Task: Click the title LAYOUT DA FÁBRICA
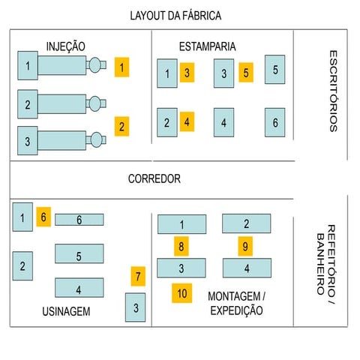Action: [x=175, y=16]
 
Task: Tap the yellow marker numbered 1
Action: [x=122, y=67]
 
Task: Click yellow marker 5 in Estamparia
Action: [x=247, y=72]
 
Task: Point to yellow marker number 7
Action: [x=137, y=277]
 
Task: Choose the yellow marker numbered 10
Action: [x=181, y=292]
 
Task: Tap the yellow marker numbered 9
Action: [x=245, y=245]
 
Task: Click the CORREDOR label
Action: [x=154, y=179]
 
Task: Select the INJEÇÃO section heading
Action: [x=66, y=46]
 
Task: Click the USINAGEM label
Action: [x=66, y=311]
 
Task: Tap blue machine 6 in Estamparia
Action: [x=274, y=122]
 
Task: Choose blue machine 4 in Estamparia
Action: [x=223, y=122]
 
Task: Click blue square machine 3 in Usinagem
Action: [x=135, y=307]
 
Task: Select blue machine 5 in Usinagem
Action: [x=79, y=255]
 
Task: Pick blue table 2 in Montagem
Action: [x=246, y=223]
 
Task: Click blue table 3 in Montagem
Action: [x=181, y=268]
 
